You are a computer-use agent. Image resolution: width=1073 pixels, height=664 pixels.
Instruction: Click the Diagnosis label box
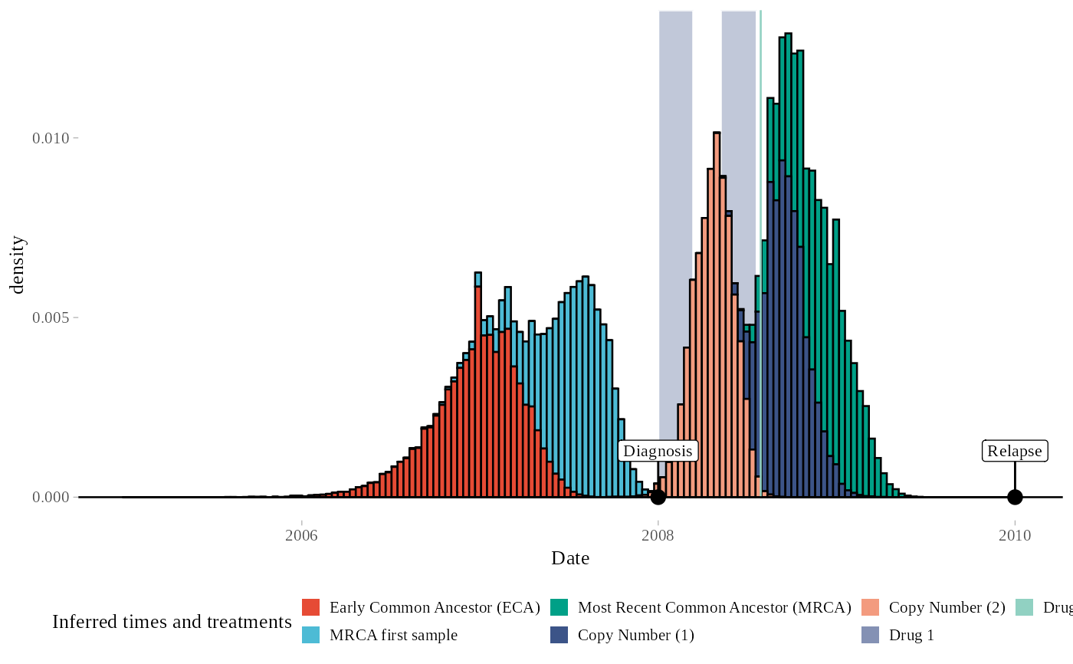click(x=658, y=451)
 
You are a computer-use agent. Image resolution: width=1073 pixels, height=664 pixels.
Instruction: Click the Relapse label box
click(x=1015, y=451)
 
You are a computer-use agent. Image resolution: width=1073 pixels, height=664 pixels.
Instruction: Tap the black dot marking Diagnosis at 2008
click(x=658, y=497)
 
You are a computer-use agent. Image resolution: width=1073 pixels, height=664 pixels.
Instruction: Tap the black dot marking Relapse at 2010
click(x=1015, y=497)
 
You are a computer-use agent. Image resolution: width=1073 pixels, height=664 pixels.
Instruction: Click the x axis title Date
click(x=570, y=558)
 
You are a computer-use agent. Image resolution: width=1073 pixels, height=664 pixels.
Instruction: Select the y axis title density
click(x=17, y=265)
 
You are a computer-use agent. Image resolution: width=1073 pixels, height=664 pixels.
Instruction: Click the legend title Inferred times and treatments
click(x=172, y=622)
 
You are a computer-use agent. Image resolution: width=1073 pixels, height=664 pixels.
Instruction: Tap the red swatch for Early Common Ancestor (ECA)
click(x=310, y=607)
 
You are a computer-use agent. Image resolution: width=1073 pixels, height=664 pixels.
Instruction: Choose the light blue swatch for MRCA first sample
click(x=310, y=635)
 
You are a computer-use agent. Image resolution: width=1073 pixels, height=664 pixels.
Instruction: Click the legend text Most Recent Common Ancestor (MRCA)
click(x=714, y=607)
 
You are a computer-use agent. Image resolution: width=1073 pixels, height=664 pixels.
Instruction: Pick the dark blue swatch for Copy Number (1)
click(x=559, y=635)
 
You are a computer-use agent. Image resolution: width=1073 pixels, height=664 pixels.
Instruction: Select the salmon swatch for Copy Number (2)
click(x=871, y=607)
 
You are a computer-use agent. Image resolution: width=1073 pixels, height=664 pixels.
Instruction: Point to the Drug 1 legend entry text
click(x=911, y=635)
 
